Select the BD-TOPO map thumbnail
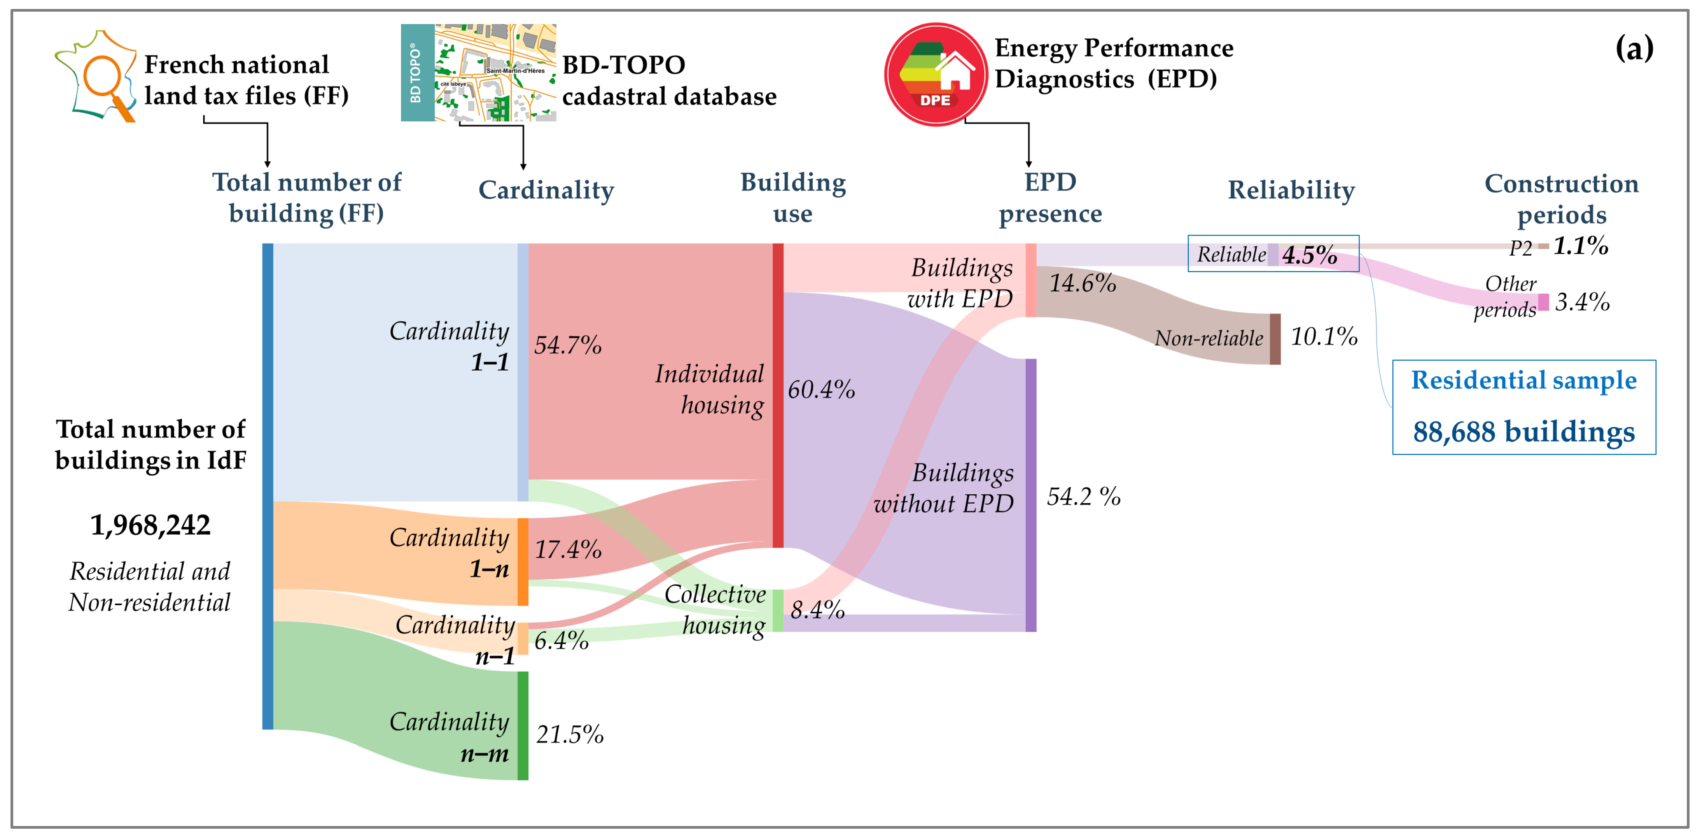pos(478,73)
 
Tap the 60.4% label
pos(820,389)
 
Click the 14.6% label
pos(1082,283)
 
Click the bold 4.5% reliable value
pos(1310,254)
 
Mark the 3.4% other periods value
pos(1582,302)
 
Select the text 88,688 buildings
pos(1524,432)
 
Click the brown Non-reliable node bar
pos(1275,339)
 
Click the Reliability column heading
pos(1291,190)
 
